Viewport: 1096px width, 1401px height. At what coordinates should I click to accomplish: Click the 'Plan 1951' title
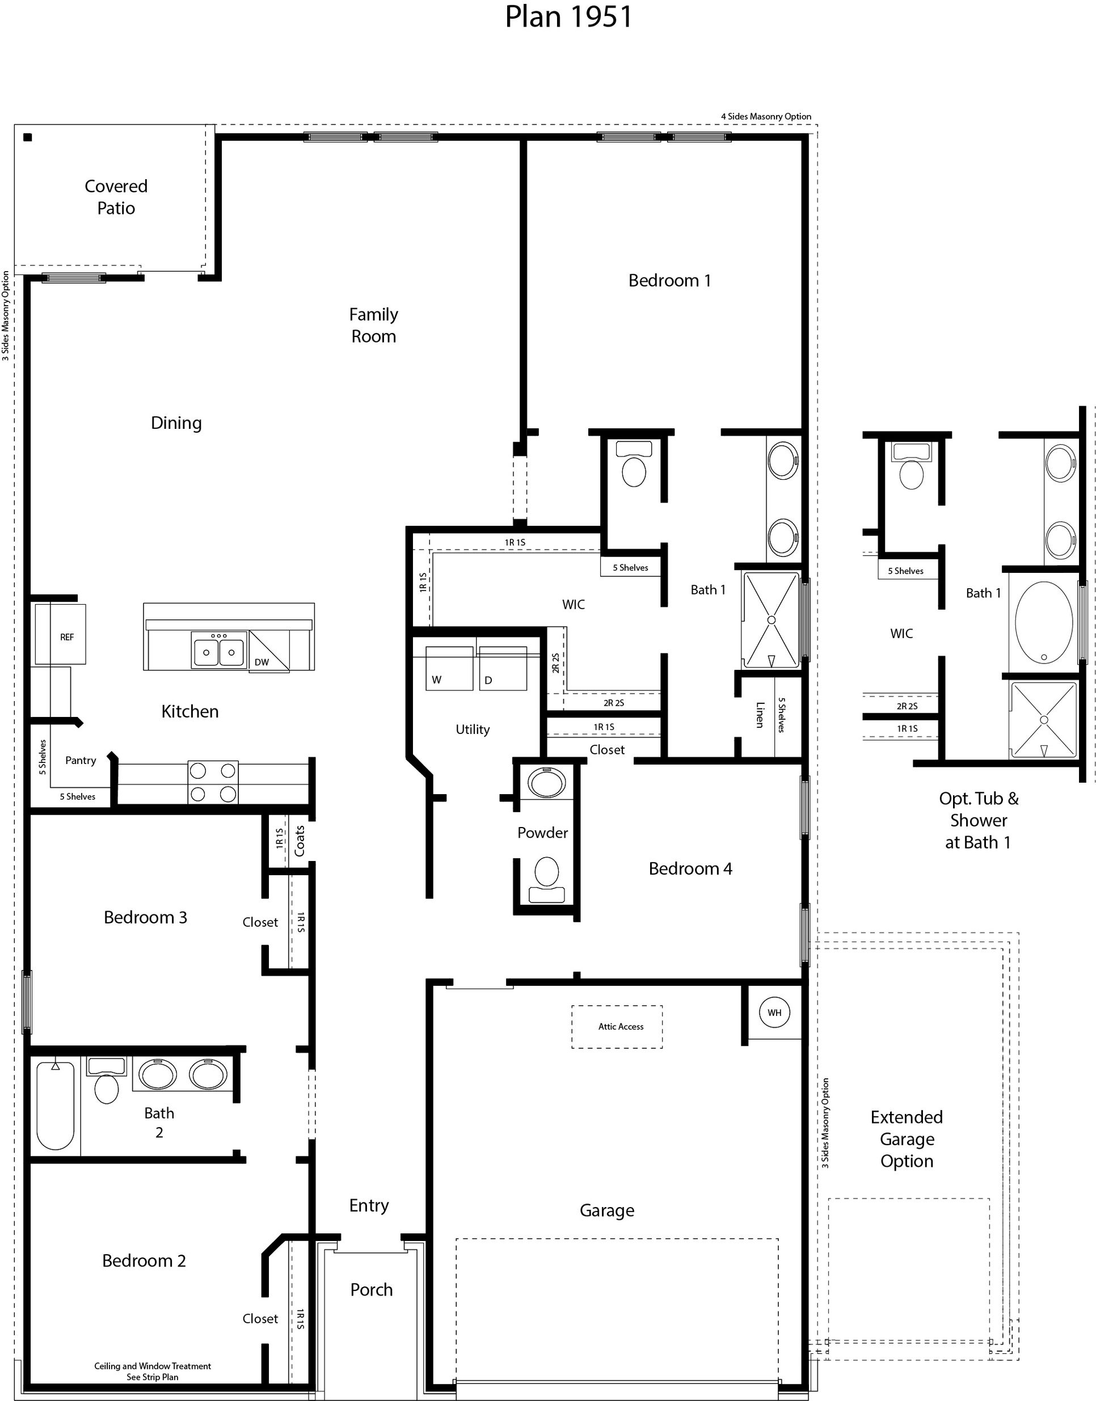click(568, 18)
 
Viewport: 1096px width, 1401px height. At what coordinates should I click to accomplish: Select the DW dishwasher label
click(262, 662)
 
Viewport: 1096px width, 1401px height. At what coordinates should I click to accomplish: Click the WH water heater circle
click(774, 1012)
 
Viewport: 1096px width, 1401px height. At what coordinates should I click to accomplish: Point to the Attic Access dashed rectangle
click(617, 1027)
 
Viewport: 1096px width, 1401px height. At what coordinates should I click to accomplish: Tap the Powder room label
click(542, 833)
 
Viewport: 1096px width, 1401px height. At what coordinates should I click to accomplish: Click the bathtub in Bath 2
click(55, 1105)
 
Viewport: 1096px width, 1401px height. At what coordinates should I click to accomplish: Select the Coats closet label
click(300, 841)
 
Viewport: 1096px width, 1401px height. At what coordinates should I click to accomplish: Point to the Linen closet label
click(760, 715)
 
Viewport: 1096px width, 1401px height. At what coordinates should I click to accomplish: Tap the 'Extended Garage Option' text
click(906, 1138)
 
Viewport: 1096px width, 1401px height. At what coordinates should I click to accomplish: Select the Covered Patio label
click(116, 197)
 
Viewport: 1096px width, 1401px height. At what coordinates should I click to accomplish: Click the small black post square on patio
click(28, 137)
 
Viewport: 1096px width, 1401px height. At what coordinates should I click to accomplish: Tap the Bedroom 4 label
click(690, 868)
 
